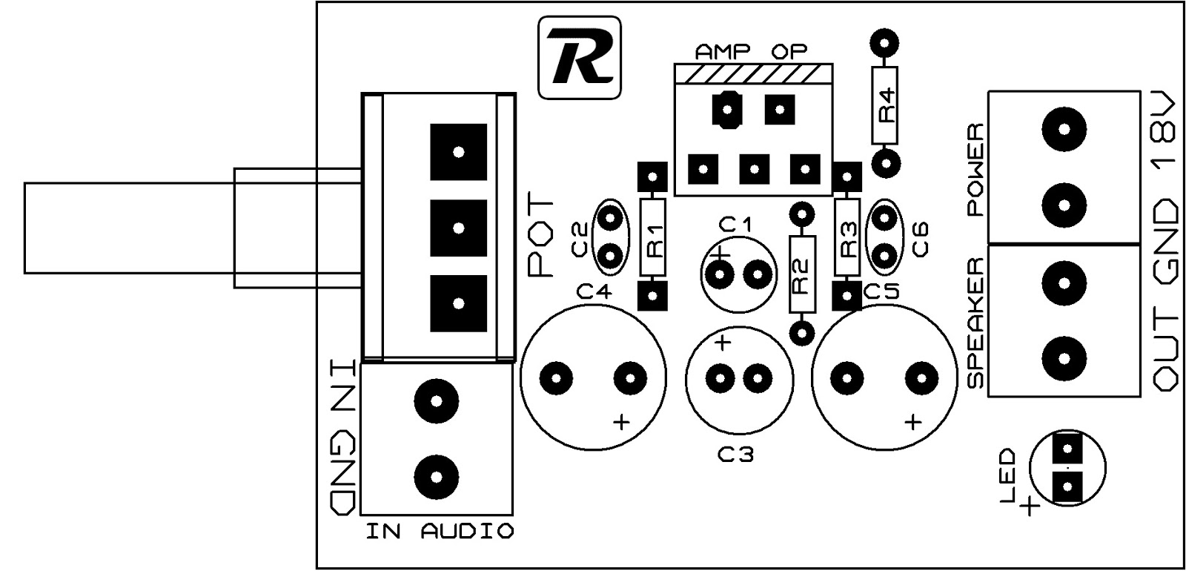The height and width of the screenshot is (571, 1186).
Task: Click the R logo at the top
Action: pos(579,59)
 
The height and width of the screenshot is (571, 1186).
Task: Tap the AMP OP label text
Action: pos(750,52)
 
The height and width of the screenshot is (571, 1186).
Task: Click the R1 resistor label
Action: pos(654,239)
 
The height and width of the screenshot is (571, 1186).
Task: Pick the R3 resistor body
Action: pos(847,239)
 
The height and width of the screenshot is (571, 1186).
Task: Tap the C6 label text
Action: pos(920,239)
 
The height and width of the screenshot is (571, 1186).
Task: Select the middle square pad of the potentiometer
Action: pos(458,228)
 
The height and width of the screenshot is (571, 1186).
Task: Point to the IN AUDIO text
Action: pos(440,531)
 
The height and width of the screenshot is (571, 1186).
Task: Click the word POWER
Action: pos(977,170)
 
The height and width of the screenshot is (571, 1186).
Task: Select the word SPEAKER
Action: pos(977,323)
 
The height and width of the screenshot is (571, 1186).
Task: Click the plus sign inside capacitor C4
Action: pos(621,423)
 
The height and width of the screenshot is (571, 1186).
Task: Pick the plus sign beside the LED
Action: pos(1029,507)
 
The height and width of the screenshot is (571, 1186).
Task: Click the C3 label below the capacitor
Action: pos(735,454)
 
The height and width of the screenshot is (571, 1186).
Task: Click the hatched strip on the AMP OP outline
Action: pos(754,73)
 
